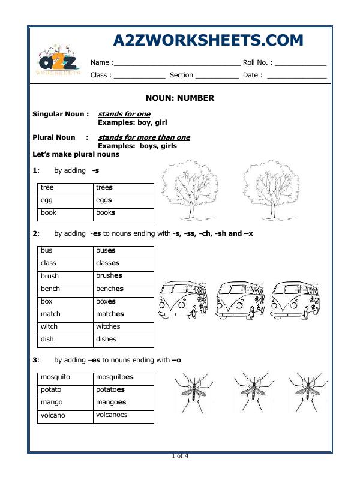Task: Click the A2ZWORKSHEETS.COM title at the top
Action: pyautogui.click(x=208, y=40)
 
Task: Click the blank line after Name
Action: pyautogui.click(x=177, y=62)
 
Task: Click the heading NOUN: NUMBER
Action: pyautogui.click(x=180, y=98)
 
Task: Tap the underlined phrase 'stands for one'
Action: pyautogui.click(x=124, y=114)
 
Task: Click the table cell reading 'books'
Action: pyautogui.click(x=123, y=213)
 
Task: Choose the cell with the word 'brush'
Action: pyautogui.click(x=65, y=276)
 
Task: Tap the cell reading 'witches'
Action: pyautogui.click(x=123, y=327)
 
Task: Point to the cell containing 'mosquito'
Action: pyautogui.click(x=65, y=377)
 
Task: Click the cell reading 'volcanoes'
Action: pyautogui.click(x=123, y=415)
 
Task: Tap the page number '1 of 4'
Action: pyautogui.click(x=180, y=456)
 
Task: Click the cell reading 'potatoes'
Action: pyautogui.click(x=123, y=390)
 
